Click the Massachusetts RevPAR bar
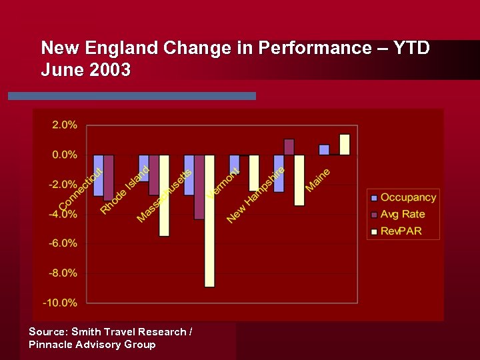(209, 221)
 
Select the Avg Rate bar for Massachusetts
(199, 187)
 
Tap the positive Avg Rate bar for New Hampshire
(289, 147)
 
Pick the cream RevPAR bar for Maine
(345, 145)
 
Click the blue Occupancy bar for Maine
(324, 150)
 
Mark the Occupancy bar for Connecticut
(99, 175)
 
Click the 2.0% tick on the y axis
(65, 125)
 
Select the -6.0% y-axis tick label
(63, 243)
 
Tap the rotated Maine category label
(318, 180)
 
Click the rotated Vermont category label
(223, 183)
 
